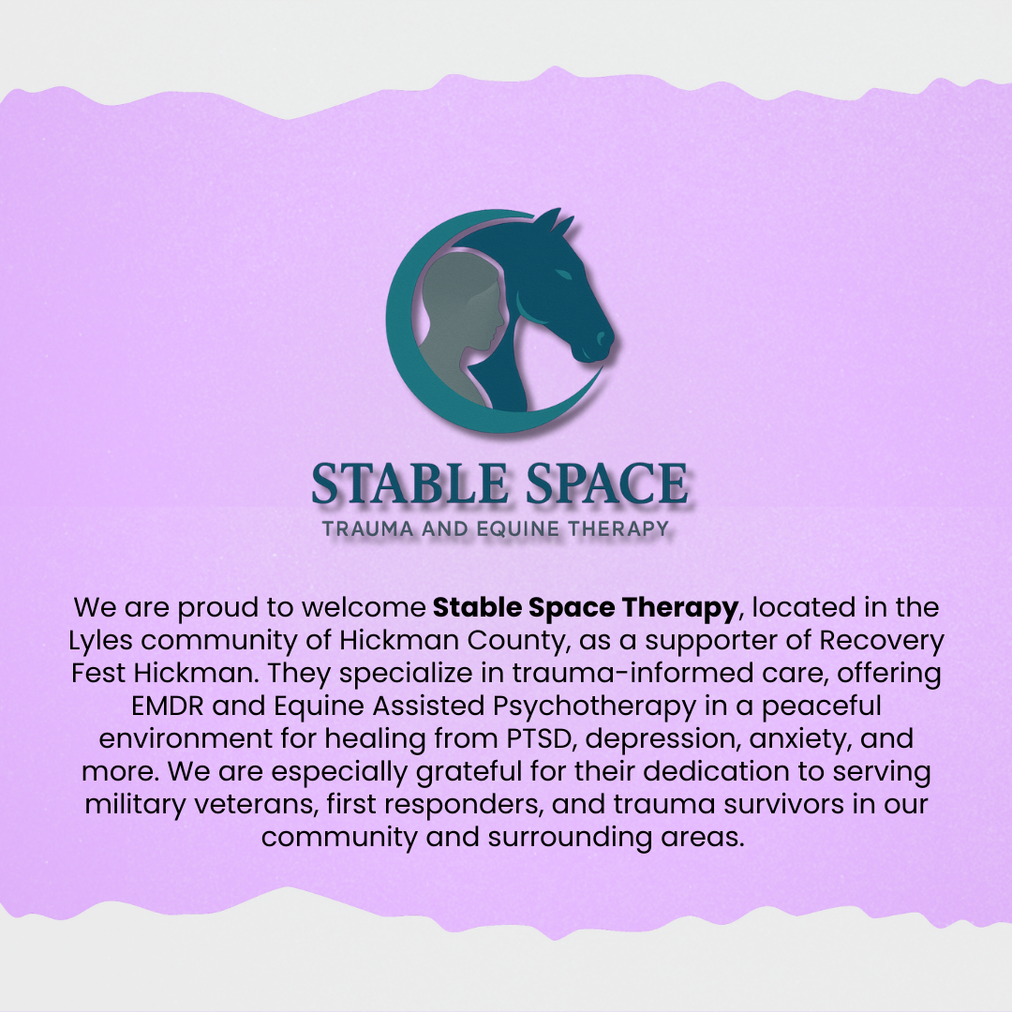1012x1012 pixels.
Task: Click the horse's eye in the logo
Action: click(562, 273)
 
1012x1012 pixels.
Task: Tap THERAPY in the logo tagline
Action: click(619, 529)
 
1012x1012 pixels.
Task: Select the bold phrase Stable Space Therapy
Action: click(586, 607)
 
